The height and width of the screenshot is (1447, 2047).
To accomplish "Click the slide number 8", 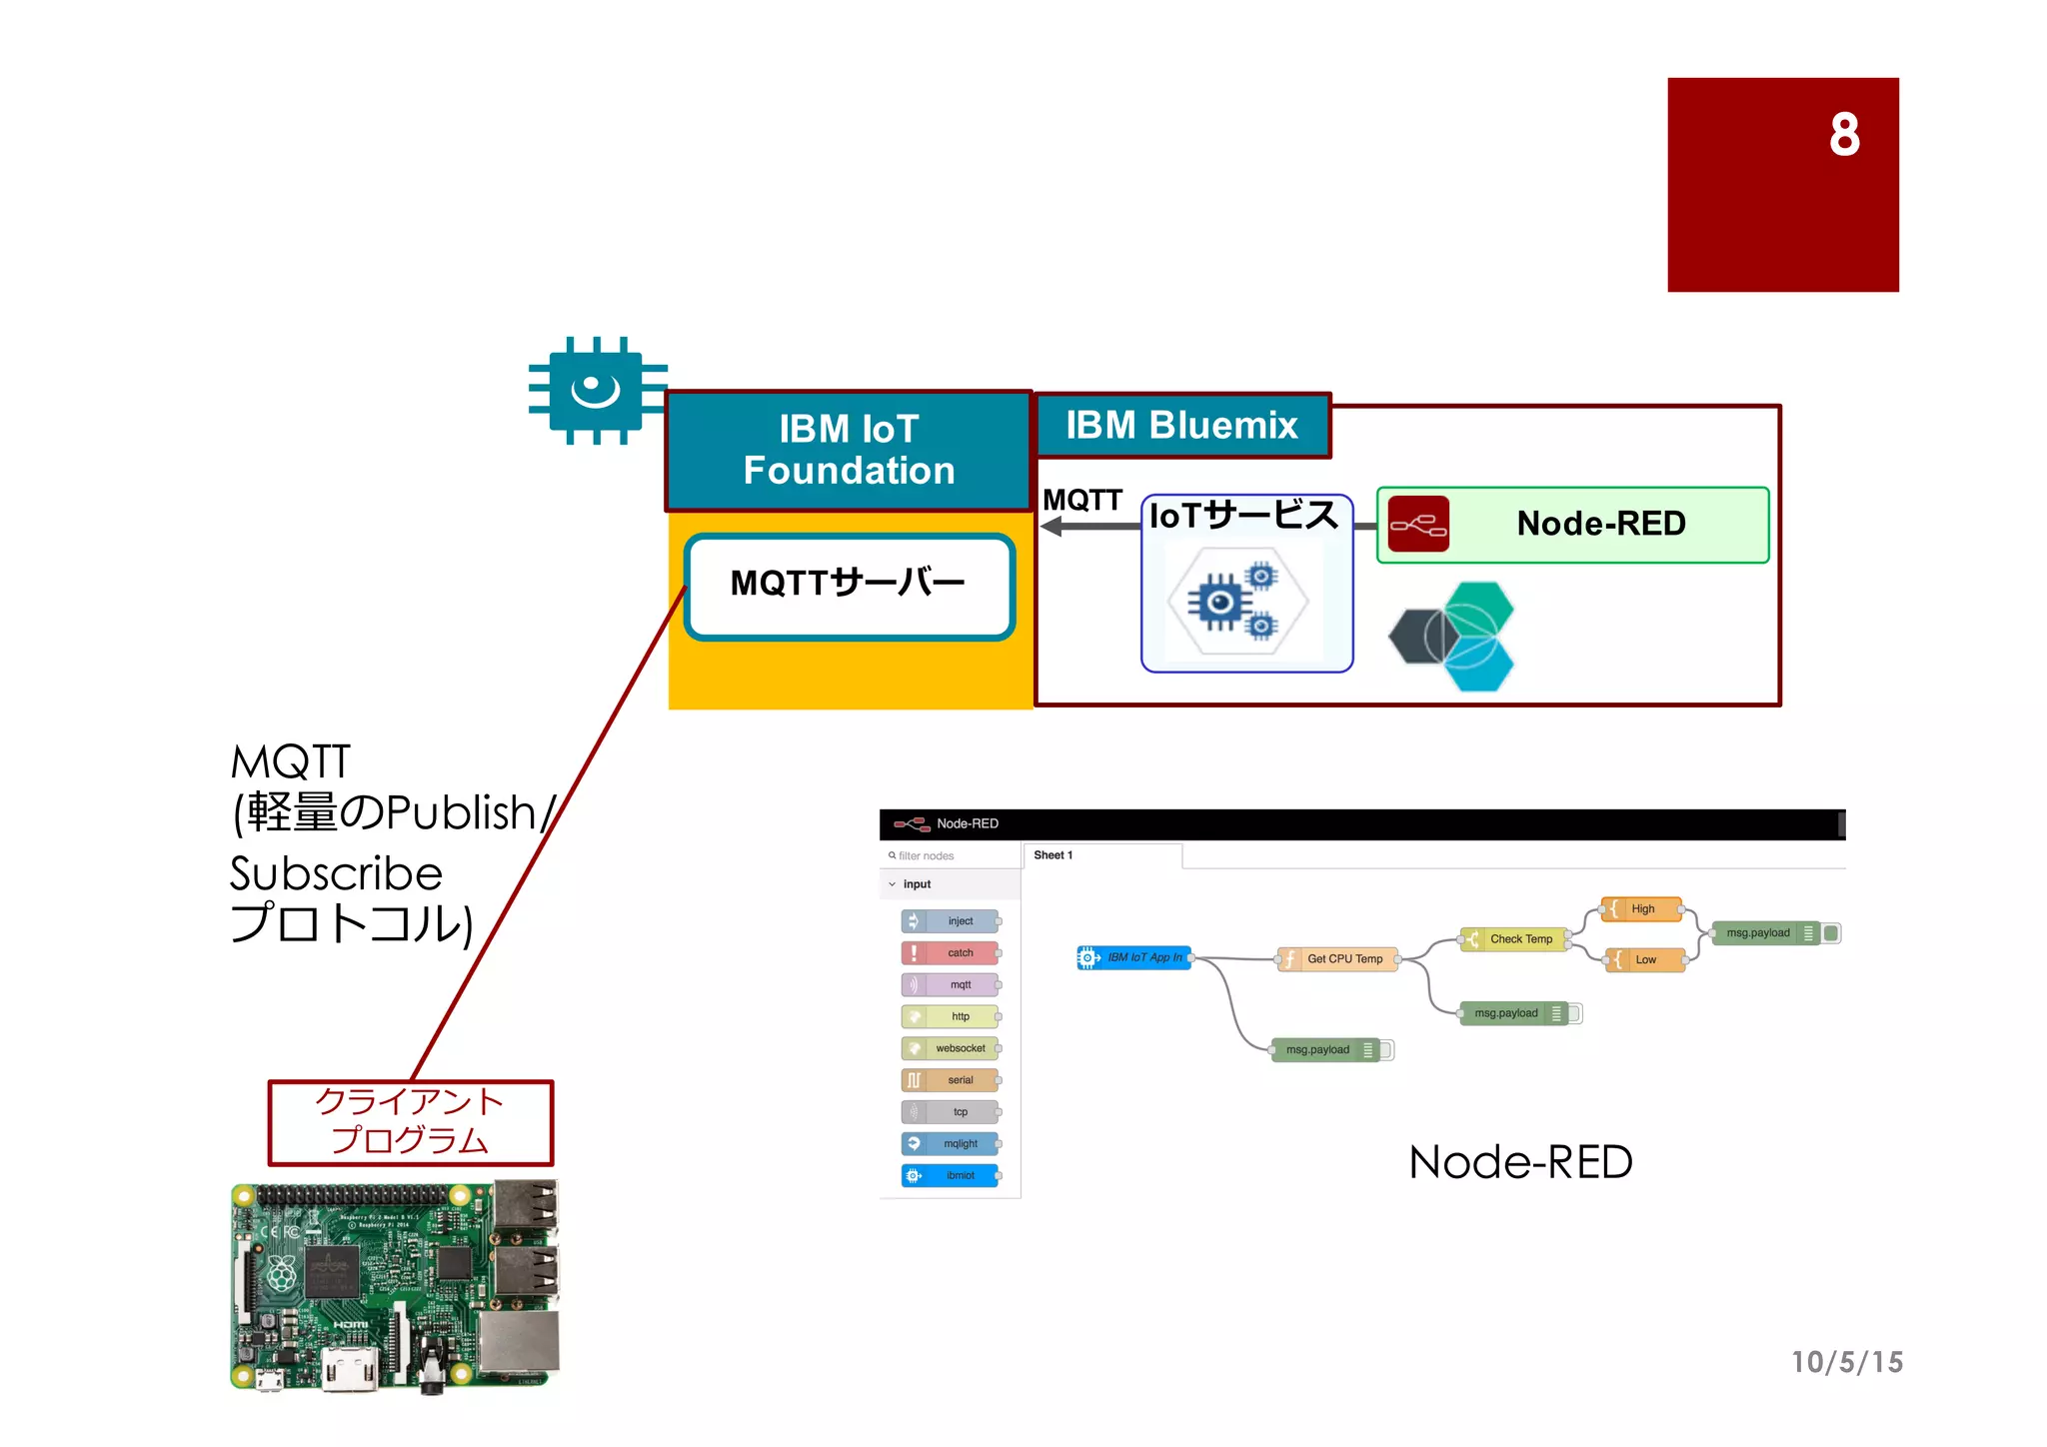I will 1843,134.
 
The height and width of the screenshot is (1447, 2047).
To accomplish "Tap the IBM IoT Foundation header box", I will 849,450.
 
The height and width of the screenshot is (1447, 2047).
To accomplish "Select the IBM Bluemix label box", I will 1181,426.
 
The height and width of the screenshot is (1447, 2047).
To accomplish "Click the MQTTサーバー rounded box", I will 849,586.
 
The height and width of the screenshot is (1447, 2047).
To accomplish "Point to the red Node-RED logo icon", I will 1417,524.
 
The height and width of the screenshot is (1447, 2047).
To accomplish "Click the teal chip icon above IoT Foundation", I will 597,390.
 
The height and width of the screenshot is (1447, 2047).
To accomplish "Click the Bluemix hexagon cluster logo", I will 1453,637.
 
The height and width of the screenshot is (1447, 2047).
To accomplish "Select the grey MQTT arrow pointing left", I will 1089,527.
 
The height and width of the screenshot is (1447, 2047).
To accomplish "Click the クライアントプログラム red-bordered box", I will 410,1122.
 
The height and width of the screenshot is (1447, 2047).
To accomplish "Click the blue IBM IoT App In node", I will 1134,958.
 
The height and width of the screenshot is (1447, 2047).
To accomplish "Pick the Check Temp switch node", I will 1513,939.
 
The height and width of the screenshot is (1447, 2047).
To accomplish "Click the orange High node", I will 1641,909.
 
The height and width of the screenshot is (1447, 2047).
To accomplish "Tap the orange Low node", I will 1643,960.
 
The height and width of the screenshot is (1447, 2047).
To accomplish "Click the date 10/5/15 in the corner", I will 1846,1362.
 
